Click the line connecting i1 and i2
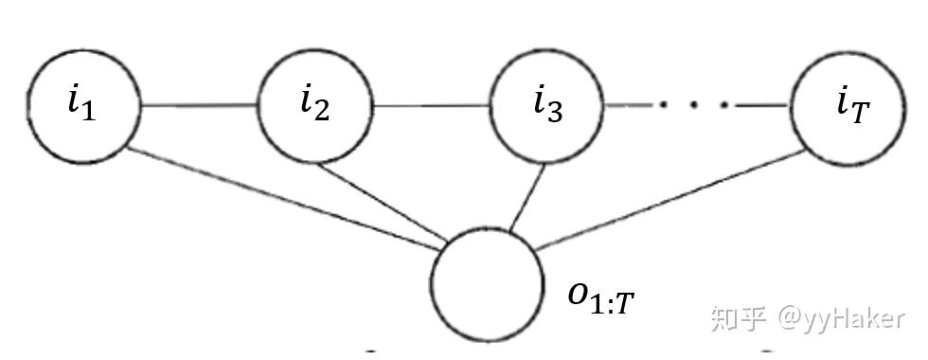click(200, 106)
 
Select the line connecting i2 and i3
click(432, 106)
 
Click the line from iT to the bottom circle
click(669, 200)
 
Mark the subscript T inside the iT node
click(860, 114)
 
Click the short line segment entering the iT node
click(763, 106)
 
